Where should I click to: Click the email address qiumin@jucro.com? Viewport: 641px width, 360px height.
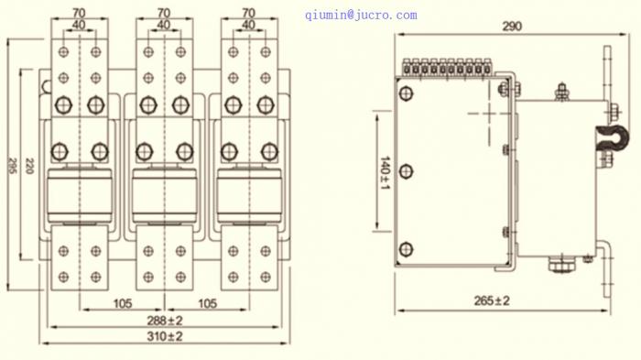(x=361, y=16)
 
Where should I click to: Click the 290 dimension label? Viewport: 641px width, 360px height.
(x=512, y=27)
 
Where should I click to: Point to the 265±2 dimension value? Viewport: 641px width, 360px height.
(x=492, y=301)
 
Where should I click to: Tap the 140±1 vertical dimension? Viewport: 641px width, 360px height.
(x=386, y=172)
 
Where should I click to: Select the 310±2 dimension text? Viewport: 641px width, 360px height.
(x=165, y=337)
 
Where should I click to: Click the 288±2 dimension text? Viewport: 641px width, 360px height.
(x=165, y=321)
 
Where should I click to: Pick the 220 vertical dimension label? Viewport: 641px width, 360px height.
(x=29, y=166)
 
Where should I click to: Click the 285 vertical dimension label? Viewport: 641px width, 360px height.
(x=13, y=166)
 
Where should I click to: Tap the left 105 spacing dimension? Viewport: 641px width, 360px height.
(x=122, y=303)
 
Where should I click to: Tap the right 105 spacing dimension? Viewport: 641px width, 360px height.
(x=207, y=303)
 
